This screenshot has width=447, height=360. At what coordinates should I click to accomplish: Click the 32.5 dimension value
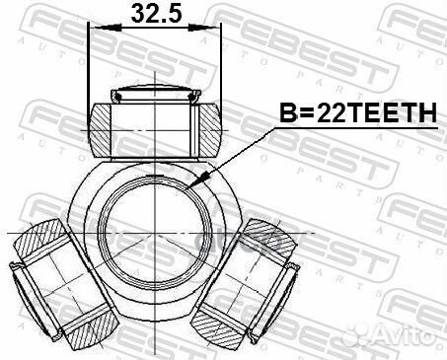[x=153, y=17]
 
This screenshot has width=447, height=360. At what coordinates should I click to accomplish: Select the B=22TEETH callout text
[x=354, y=116]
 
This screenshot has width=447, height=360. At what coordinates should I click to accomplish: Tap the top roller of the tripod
[x=155, y=123]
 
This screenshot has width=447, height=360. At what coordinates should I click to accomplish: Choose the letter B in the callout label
[x=286, y=116]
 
